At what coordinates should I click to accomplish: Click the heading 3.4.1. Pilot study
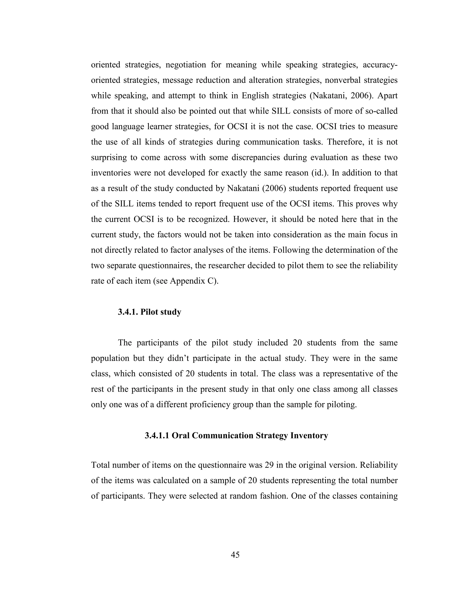click(x=150, y=312)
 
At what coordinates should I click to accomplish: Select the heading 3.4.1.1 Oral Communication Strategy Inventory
click(x=236, y=435)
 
